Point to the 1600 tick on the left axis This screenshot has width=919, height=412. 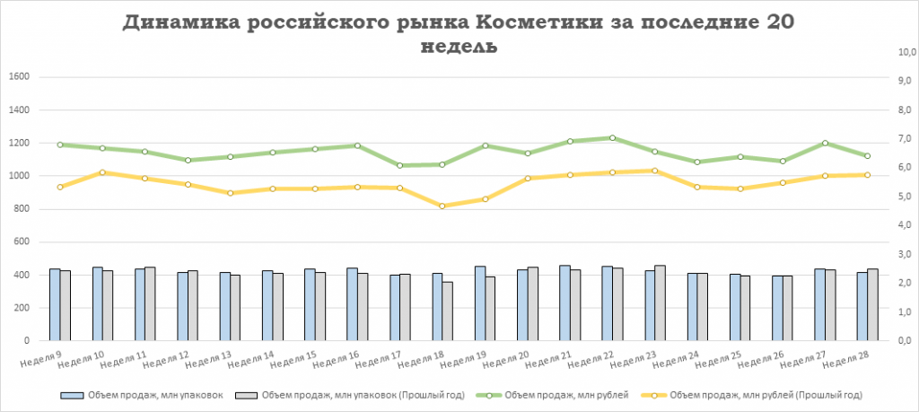click(x=19, y=77)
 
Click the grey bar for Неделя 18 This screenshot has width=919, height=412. click(x=448, y=311)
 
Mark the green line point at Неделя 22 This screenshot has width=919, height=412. click(x=612, y=138)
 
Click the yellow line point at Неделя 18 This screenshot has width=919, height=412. click(x=442, y=206)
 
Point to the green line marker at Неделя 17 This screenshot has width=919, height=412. click(x=399, y=165)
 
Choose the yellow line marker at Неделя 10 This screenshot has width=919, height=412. click(x=102, y=172)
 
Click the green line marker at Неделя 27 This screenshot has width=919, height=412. click(x=825, y=144)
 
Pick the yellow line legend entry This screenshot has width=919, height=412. click(x=754, y=395)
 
